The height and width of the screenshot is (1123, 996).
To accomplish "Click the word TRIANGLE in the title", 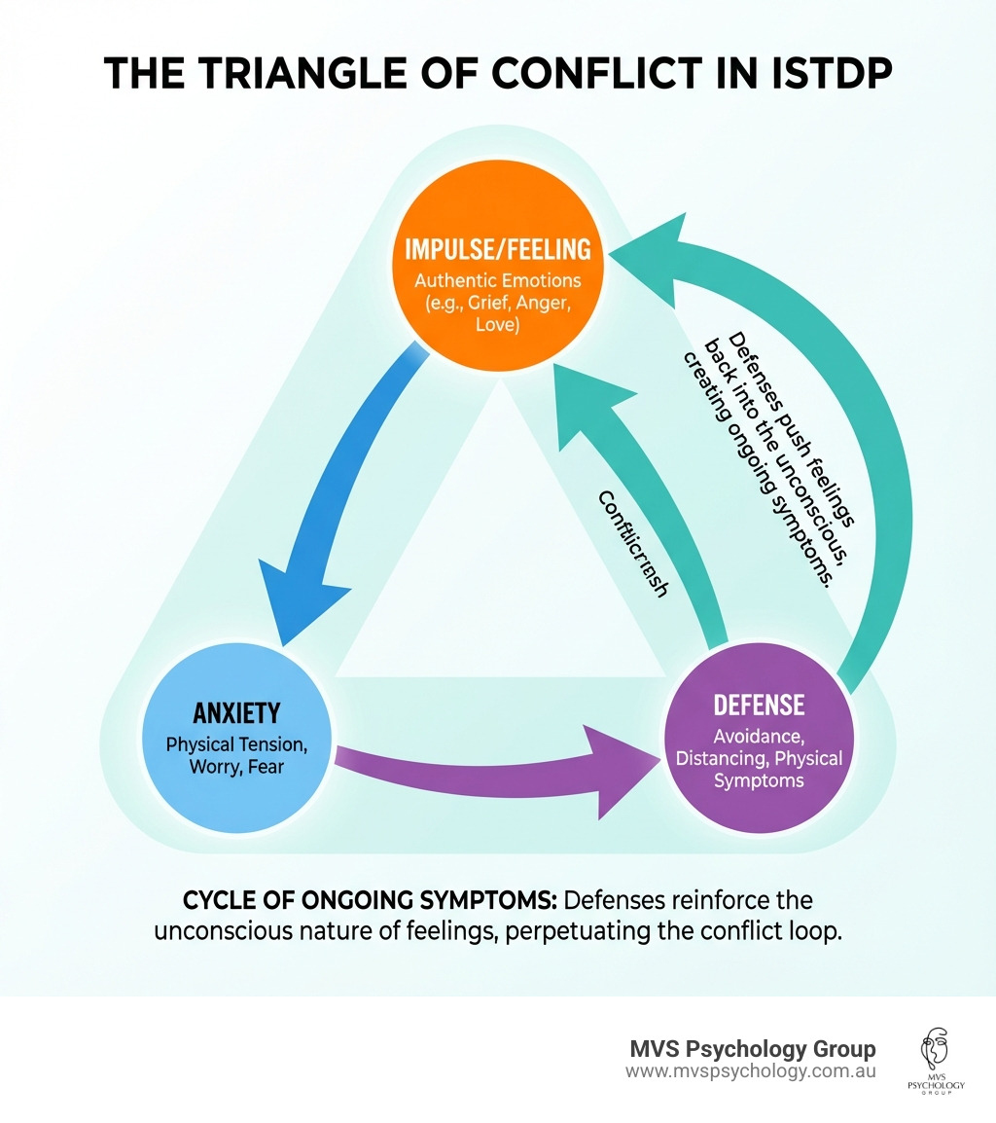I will (304, 75).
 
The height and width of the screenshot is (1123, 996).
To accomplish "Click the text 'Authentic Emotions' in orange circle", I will (498, 281).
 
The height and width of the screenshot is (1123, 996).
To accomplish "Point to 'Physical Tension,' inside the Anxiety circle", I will (236, 744).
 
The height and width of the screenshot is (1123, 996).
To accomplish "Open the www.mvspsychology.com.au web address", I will (751, 1071).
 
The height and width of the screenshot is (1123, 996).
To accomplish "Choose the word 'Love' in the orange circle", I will (498, 326).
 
